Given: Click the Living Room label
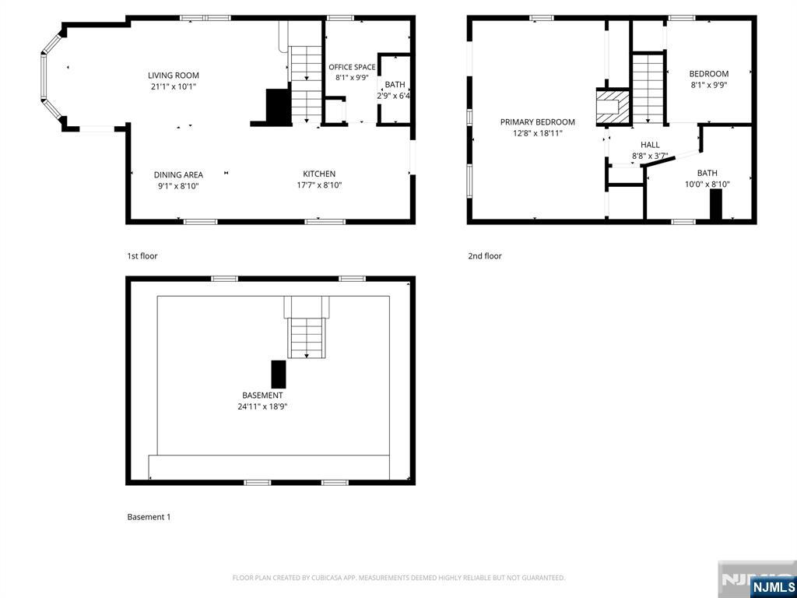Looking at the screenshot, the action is point(174,76).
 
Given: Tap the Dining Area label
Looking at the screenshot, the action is point(178,175).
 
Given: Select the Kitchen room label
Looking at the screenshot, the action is point(319,174).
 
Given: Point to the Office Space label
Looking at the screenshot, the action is point(352,67).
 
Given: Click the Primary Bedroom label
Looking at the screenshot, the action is point(538,122).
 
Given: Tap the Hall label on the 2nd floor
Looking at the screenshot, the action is point(650,145).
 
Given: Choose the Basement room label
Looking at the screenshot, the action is point(262,395).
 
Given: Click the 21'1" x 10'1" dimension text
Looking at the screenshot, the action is point(174,87).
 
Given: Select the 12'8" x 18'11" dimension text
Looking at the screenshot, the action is point(538,133).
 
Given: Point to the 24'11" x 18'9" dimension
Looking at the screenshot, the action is point(262,406).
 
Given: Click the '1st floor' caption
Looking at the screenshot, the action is point(142,255).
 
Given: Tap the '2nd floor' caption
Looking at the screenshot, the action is point(485,255).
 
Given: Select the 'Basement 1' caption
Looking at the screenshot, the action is point(149,517).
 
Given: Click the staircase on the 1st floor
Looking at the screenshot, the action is point(306,84).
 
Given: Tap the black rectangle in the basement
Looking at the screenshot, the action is point(279,375).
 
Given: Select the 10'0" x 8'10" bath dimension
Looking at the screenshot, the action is point(707,185).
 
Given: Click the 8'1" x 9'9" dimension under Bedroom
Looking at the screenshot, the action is point(709,85).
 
